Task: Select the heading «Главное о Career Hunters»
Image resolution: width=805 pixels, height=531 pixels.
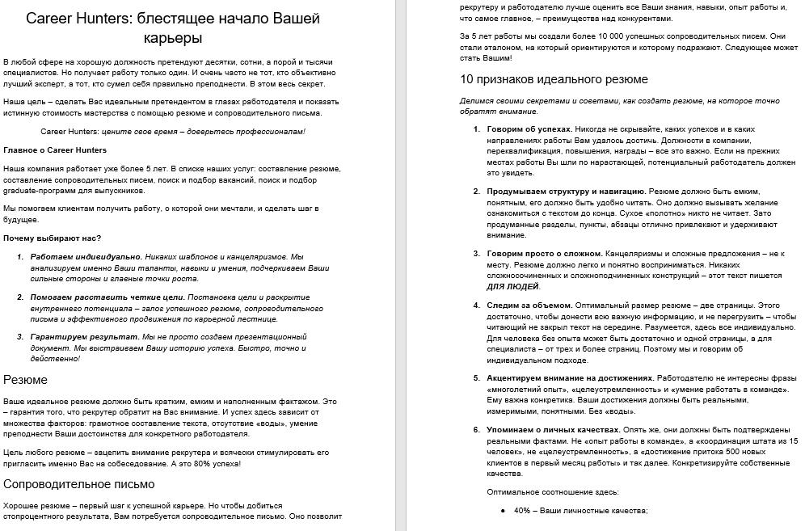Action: pyautogui.click(x=55, y=150)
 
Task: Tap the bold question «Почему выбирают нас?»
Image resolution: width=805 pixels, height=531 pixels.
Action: pyautogui.click(x=53, y=238)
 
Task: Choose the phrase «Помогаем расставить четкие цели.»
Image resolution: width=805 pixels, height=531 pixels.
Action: pyautogui.click(x=89, y=297)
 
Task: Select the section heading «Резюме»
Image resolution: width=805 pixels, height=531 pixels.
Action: pyautogui.click(x=26, y=380)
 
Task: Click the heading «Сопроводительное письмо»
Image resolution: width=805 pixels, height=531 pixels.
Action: pyautogui.click(x=79, y=484)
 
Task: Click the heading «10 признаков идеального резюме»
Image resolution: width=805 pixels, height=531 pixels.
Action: pyautogui.click(x=554, y=79)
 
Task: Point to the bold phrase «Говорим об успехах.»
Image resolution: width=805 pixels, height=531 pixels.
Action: pyautogui.click(x=529, y=129)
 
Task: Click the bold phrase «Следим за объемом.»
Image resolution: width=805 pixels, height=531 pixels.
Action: pyautogui.click(x=529, y=306)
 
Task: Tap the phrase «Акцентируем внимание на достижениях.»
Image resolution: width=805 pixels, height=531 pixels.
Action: pyautogui.click(x=570, y=378)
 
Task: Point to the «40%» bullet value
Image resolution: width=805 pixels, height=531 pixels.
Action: pyautogui.click(x=522, y=511)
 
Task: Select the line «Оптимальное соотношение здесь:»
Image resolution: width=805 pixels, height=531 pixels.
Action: pyautogui.click(x=553, y=492)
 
